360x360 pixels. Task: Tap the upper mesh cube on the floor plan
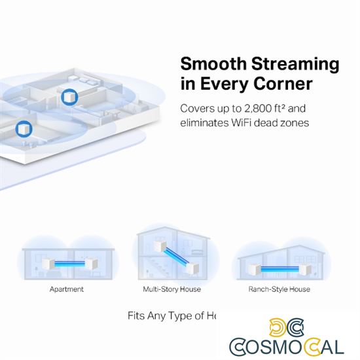click(68, 98)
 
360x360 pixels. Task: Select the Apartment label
click(67, 289)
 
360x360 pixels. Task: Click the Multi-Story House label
click(171, 289)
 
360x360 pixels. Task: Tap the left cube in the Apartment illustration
click(46, 264)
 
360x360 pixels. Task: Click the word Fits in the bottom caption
click(137, 315)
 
